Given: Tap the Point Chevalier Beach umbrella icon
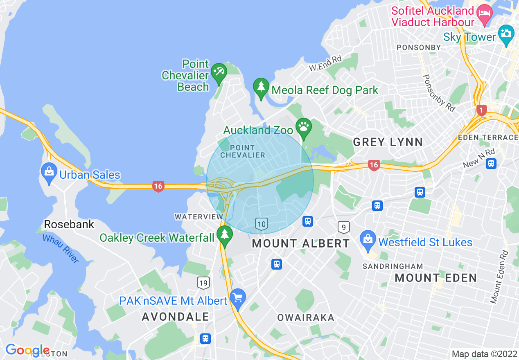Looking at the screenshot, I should coord(219,72).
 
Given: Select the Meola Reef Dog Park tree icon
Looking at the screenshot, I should coord(261,87).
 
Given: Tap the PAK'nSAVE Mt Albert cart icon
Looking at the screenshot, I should coord(238,298).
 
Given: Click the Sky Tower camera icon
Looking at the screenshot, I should coord(506,34).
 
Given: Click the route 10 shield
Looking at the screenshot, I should coord(262,223).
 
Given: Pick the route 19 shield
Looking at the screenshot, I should coord(203,282).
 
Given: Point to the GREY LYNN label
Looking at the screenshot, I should coord(388,142).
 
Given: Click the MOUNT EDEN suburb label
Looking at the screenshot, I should coord(436,278).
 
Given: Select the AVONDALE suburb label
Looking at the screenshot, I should coord(176,316).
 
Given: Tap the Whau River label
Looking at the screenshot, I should coord(60,248).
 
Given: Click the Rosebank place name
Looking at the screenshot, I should coord(69,224).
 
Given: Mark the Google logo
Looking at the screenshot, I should coord(27,351).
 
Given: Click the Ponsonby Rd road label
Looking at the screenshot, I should coord(439,93).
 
